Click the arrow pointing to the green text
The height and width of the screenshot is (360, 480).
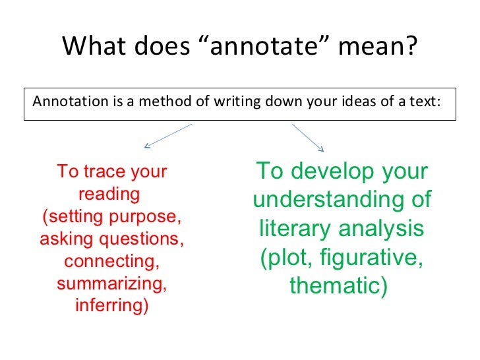308,137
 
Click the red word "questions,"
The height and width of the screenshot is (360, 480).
151,239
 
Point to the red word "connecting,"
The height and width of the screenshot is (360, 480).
111,261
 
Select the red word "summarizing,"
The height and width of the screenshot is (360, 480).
111,284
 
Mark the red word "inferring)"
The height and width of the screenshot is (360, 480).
111,306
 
